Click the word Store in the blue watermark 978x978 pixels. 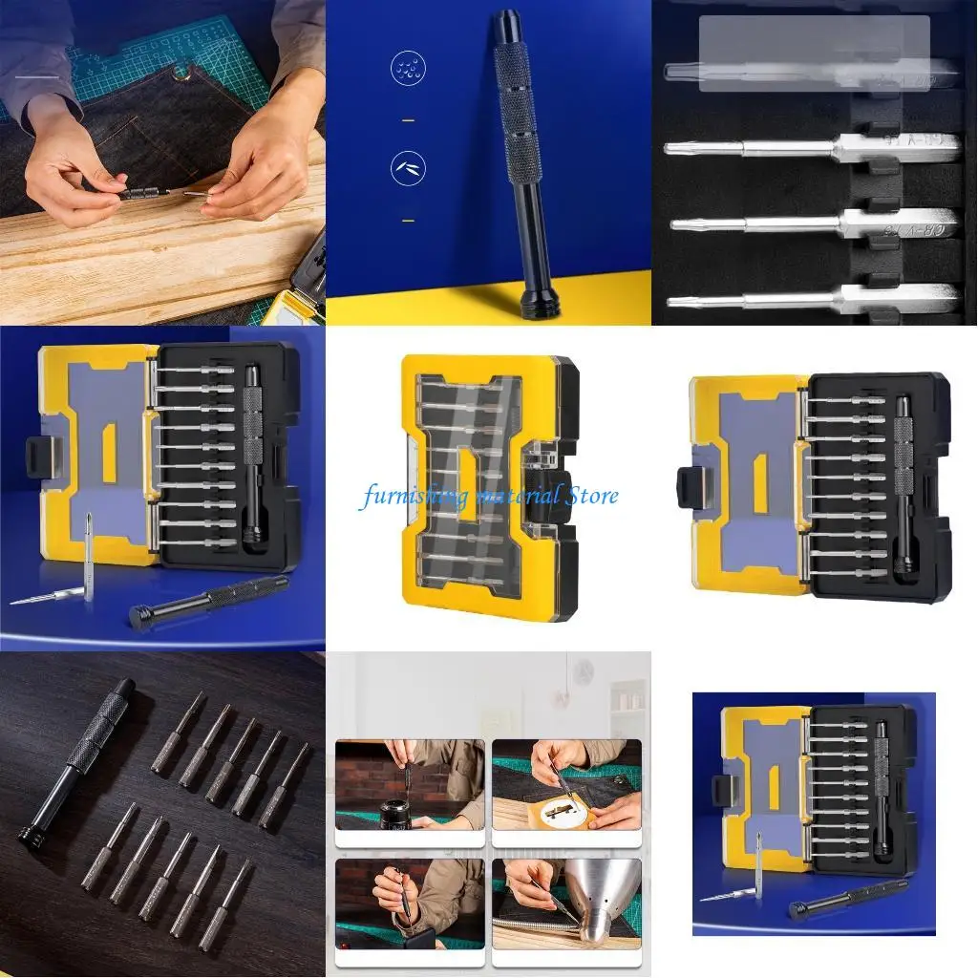tap(591, 495)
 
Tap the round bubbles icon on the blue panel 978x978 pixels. tap(407, 69)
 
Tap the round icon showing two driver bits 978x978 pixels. tap(407, 169)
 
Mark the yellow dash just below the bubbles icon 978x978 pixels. tap(408, 120)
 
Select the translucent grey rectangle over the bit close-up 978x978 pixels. tap(814, 53)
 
